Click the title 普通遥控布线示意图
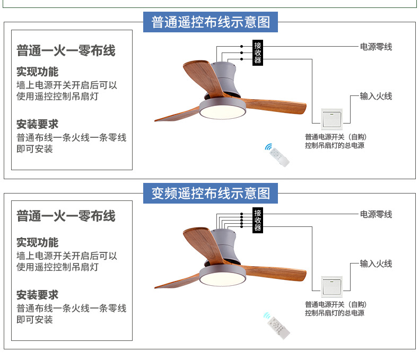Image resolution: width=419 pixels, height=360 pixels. tap(211, 22)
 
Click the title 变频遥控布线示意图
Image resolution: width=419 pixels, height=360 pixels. tap(211, 193)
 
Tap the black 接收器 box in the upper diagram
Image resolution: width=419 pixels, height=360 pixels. tap(258, 52)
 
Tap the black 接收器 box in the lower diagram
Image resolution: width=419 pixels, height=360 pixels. tap(258, 220)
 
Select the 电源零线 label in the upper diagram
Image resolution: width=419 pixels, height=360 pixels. tap(376, 47)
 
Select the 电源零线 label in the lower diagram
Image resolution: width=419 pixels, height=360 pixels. tap(376, 214)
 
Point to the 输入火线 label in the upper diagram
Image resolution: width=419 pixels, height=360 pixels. tap(376, 96)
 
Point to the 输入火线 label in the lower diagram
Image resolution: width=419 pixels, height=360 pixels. tap(376, 264)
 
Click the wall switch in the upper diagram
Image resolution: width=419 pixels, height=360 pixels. tap(332, 119)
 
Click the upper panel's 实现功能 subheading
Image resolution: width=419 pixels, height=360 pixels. tap(37, 72)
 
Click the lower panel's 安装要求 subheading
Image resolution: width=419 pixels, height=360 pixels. tap(37, 295)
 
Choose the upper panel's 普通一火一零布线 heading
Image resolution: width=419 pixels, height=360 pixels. tap(66, 51)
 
